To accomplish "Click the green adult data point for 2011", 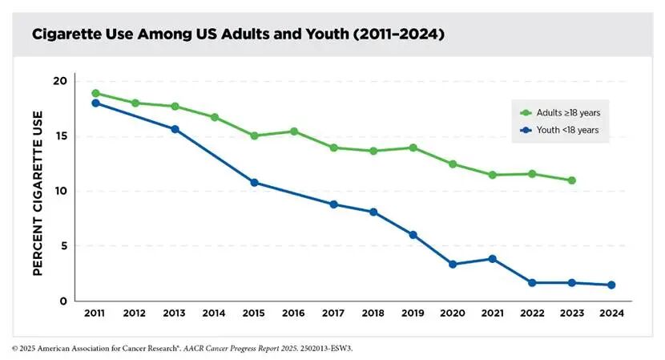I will (95, 93).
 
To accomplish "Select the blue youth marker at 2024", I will (611, 285).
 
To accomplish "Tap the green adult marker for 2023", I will (571, 180).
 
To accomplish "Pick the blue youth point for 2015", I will (254, 182).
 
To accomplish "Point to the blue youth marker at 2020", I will (453, 264).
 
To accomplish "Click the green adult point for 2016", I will (294, 131).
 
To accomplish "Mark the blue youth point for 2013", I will (175, 129).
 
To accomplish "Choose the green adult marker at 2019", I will (413, 148).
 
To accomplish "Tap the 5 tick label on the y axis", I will (62, 246).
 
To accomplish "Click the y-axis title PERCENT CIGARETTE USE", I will (37, 190).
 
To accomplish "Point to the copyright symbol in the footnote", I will (15, 349).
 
